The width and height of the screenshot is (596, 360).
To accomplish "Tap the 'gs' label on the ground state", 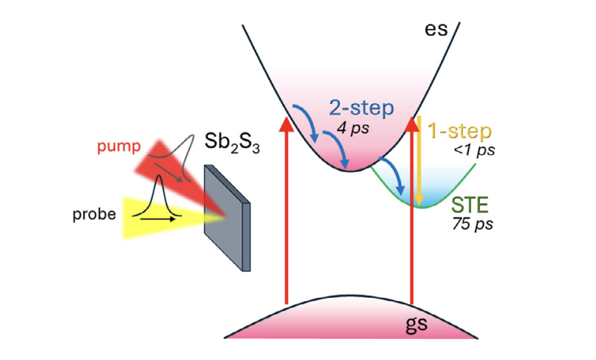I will pos(416,324).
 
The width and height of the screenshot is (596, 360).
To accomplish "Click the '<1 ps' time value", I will pos(475,150).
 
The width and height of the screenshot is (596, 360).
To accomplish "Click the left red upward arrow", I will pos(286,212).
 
